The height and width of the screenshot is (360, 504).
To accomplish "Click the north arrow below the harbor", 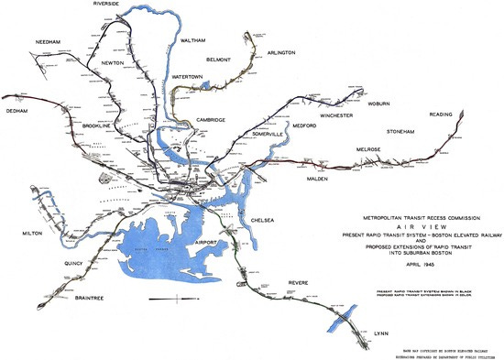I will [183, 299].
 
